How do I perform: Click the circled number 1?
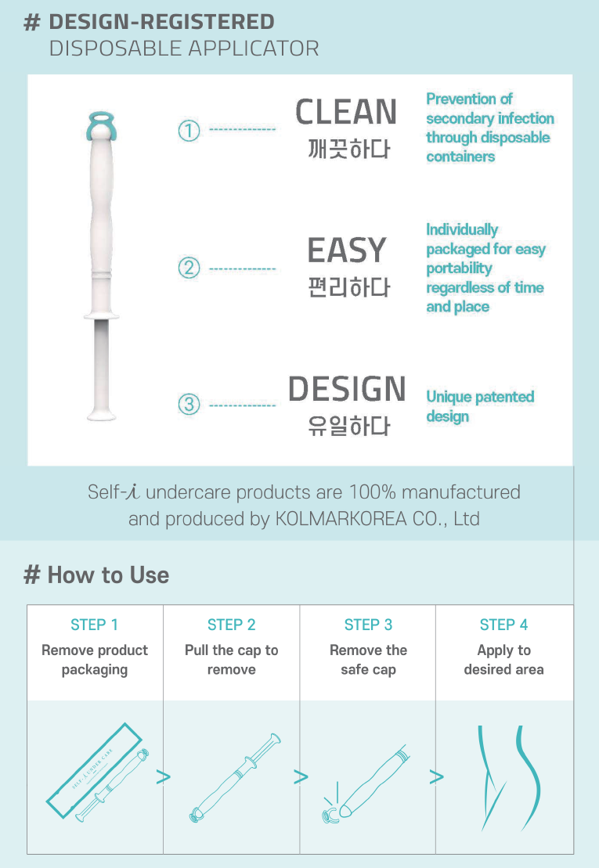pos(189,131)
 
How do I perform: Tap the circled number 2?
pos(189,268)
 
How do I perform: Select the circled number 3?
pos(189,404)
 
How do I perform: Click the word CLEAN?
pos(346,112)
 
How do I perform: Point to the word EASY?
pos(347,250)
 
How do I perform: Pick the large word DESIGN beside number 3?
pos(347,389)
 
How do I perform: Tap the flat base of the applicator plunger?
pos(101,416)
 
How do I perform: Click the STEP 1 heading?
pos(94,625)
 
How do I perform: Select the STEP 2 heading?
pos(232,625)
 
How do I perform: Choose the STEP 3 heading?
pos(368,625)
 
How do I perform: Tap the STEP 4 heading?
pos(503,625)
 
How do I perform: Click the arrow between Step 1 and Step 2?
pos(164,777)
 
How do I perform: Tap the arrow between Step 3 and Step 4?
pos(437,777)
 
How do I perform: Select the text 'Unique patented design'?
pos(480,406)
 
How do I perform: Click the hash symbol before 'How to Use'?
pos(32,575)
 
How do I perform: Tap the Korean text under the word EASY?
pos(348,287)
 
